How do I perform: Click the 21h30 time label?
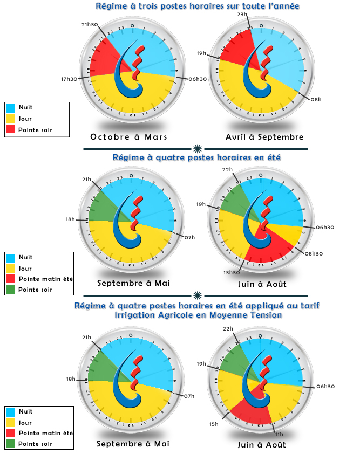[x=89, y=25]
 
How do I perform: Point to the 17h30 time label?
[x=69, y=79]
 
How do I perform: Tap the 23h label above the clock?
[x=242, y=15]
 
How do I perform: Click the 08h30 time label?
[x=314, y=253]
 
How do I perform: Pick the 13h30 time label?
[x=232, y=272]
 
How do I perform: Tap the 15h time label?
[x=214, y=424]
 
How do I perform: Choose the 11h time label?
[x=279, y=434]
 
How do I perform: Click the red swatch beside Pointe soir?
[x=11, y=130]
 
